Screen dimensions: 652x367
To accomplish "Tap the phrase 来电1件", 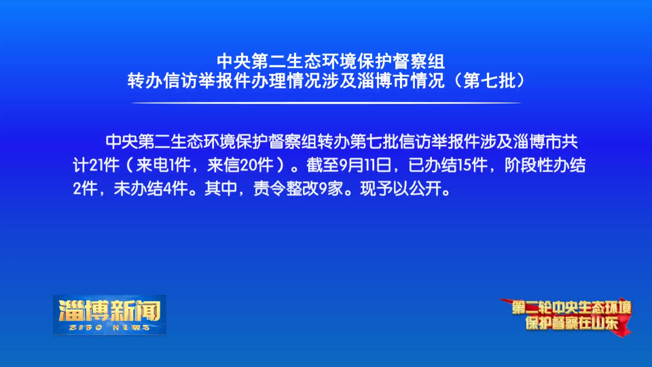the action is tap(163, 165).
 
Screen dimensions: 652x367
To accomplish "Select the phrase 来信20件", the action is tap(240, 165).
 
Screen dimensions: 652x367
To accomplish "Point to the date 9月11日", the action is tap(365, 165).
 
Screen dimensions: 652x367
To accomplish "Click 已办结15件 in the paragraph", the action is tap(448, 165).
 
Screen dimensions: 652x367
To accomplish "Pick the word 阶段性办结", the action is tap(545, 165).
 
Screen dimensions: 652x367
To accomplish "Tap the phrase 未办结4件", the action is tap(151, 189).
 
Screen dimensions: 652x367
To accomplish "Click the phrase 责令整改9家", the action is tap(298, 189).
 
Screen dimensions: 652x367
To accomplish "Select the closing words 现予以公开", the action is tap(401, 189).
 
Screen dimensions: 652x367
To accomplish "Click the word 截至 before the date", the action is tap(323, 165).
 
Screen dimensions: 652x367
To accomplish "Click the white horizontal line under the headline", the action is tap(326, 103).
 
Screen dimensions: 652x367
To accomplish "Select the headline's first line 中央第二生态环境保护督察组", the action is tap(331, 62).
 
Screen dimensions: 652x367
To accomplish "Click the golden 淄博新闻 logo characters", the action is tap(109, 311).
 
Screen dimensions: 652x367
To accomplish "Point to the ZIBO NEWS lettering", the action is tap(109, 328).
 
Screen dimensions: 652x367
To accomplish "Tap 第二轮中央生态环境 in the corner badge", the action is tap(571, 308).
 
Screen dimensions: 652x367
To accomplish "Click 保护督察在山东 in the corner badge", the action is tap(571, 323).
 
